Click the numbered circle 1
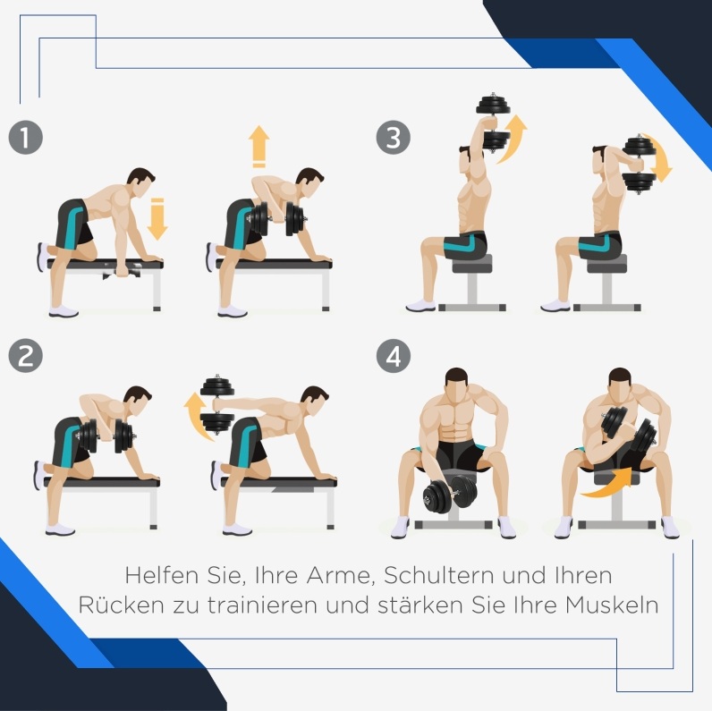click(x=25, y=138)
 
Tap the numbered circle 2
click(x=25, y=356)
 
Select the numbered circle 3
click(x=394, y=138)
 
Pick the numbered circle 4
click(x=394, y=356)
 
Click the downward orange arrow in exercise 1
click(x=157, y=219)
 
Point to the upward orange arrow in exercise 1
click(x=259, y=146)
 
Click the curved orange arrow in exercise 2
click(x=196, y=416)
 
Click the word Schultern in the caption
click(x=439, y=575)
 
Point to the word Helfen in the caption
click(x=161, y=575)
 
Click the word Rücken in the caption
click(x=121, y=605)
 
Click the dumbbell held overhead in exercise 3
click(x=493, y=123)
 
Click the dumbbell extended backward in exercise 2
click(x=217, y=404)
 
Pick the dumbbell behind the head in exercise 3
click(x=639, y=165)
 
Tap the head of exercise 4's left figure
click(x=456, y=385)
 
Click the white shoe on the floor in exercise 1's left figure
click(x=64, y=311)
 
